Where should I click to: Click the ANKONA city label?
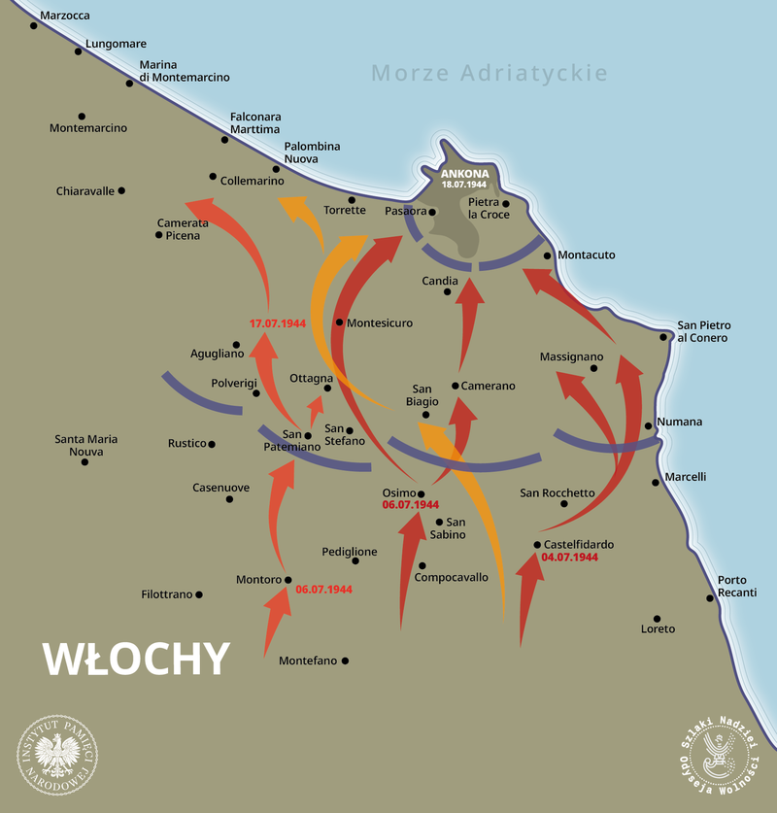tap(464, 174)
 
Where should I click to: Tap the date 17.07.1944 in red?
tap(278, 322)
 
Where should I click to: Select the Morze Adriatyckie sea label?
tap(490, 73)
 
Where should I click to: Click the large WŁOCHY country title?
tap(136, 658)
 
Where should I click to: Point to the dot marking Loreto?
tap(658, 618)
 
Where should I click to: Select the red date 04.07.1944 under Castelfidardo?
tap(570, 558)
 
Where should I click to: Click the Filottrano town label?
tap(167, 594)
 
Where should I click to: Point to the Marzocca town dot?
tap(34, 25)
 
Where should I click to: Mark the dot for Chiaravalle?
tap(121, 190)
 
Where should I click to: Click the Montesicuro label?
tap(380, 322)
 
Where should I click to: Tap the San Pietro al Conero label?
tap(703, 331)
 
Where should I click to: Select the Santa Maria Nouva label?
tap(85, 445)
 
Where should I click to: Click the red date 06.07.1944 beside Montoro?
tap(323, 589)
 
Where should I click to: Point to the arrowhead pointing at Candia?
tap(470, 289)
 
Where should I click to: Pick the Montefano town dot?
tap(345, 661)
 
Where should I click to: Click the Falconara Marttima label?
tap(254, 123)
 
